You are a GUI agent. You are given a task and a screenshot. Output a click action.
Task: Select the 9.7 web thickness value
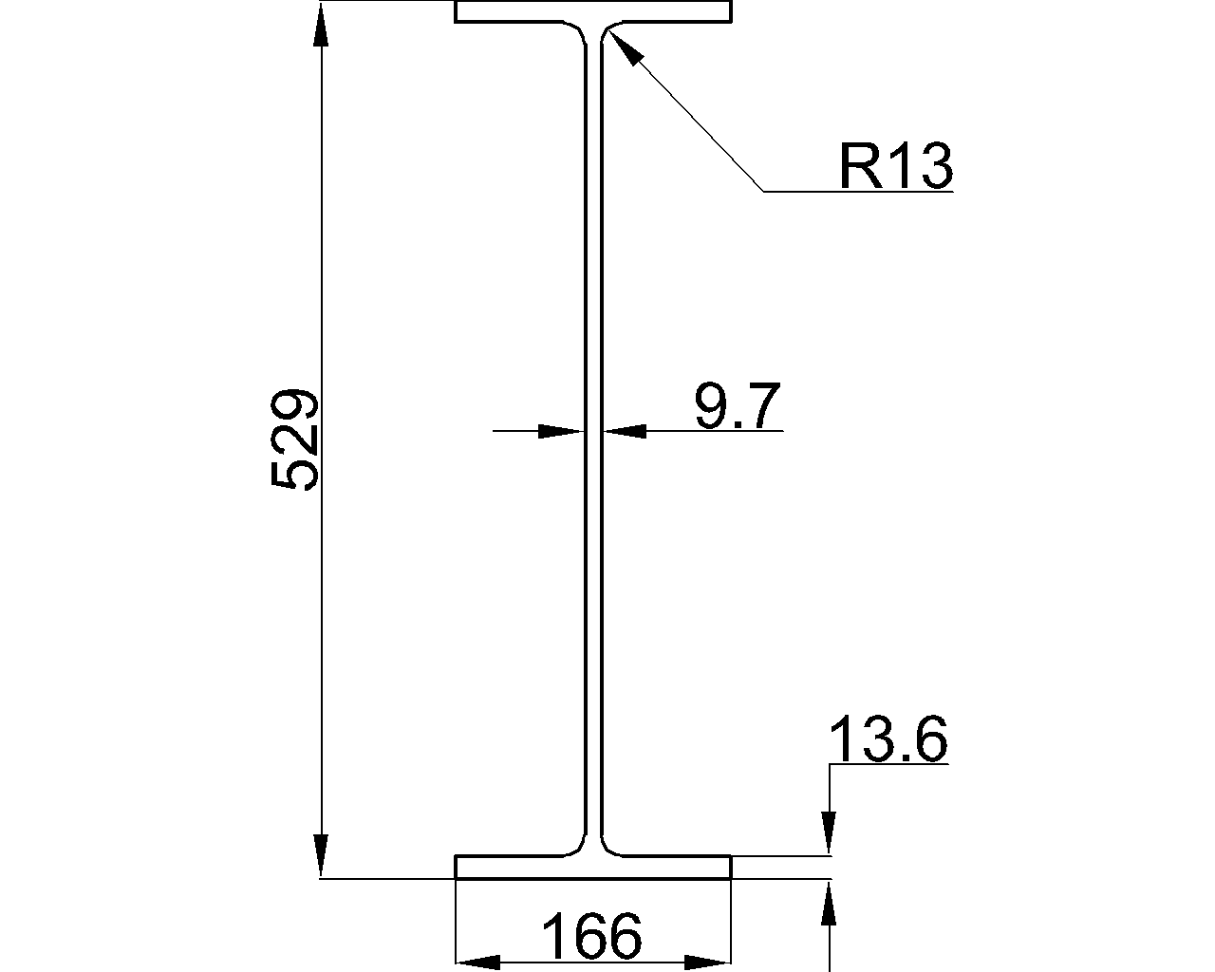point(738,406)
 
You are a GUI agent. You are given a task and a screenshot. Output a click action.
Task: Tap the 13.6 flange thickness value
point(888,739)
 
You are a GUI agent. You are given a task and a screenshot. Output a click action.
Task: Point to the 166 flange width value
point(591,935)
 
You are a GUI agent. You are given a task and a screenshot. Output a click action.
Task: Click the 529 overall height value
point(294,439)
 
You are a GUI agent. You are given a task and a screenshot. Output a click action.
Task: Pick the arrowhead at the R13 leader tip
point(626,48)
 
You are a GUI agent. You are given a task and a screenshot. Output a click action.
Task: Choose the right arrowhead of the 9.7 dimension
point(624,431)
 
